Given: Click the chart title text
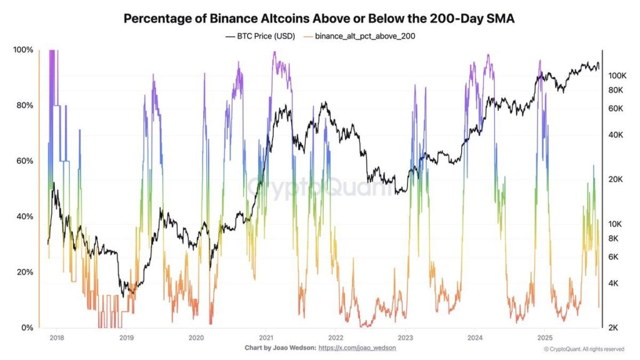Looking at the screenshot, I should pos(319,18).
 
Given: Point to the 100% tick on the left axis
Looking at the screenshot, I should pos(23,50).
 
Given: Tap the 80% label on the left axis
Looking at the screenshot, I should pos(24,106).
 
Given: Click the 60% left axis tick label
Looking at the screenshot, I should pos(24,161).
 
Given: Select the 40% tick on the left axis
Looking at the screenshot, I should pos(24,217).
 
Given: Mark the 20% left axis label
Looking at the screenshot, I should pos(24,272).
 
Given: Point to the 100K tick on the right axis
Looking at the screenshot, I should pos(617,76).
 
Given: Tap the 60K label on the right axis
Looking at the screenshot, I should pos(617,109).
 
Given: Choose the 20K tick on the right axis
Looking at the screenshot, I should pos(617,179).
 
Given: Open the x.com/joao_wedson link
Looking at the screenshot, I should pos(357,347).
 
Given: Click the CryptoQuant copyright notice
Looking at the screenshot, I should pos(583,349).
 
